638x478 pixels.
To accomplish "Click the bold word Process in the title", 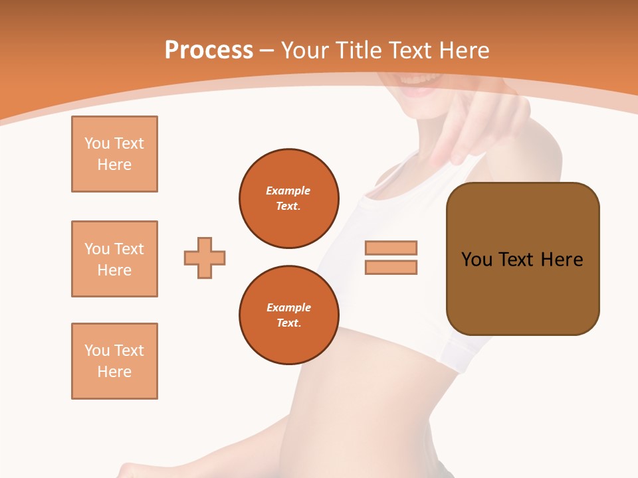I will click(x=209, y=50).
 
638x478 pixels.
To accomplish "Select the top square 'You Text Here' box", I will click(x=114, y=154).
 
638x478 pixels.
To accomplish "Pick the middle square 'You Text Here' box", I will click(x=114, y=259).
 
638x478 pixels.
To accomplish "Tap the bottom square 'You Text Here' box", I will click(x=114, y=361).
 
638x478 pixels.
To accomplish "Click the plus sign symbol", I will click(x=205, y=258).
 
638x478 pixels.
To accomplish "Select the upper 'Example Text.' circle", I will click(x=289, y=198).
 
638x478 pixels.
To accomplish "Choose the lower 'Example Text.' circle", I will click(x=289, y=315).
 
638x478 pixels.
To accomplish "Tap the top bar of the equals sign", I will click(x=391, y=248).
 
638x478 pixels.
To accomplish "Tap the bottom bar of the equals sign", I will click(x=391, y=267).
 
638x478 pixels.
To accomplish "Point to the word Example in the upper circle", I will click(x=288, y=191).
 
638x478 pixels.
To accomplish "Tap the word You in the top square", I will click(x=96, y=143).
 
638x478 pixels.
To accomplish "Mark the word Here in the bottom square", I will click(x=114, y=372).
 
